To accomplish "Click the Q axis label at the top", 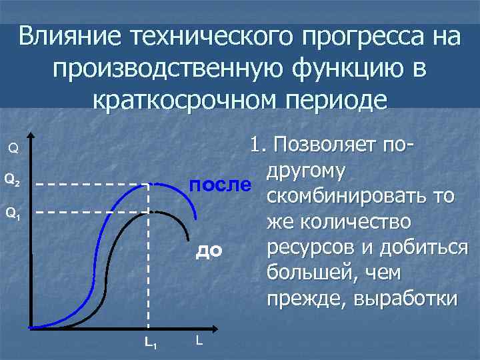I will point(13,147).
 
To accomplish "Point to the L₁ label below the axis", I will point(151,343).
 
